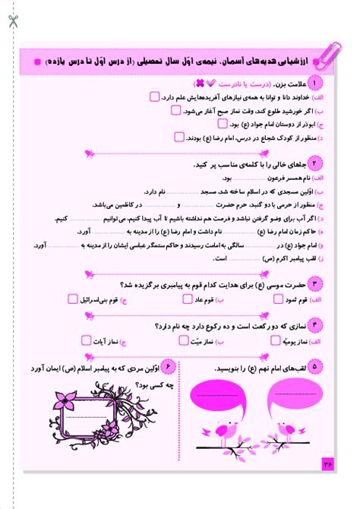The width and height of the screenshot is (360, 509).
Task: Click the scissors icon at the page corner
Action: coord(14,21)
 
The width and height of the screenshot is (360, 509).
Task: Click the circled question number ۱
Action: coord(314,82)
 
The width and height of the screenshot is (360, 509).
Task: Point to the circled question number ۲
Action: coord(314,163)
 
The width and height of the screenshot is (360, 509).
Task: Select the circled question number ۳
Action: coord(314,283)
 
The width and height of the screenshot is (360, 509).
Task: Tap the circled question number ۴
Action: coord(314,327)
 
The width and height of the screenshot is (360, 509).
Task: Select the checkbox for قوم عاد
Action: coord(188,299)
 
